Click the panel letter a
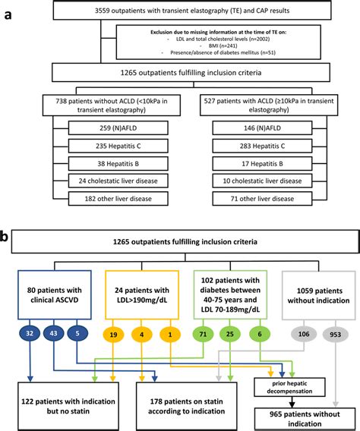point(7,11)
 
